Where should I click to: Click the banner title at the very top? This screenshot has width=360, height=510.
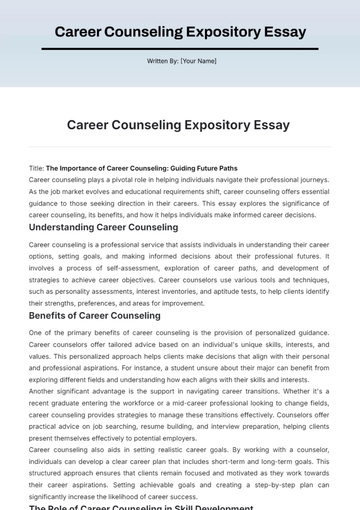[180, 32]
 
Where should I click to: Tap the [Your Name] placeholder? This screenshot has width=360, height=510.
[198, 62]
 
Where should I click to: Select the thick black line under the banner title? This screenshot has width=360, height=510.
[180, 48]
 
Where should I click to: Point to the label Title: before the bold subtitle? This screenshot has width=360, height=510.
[37, 168]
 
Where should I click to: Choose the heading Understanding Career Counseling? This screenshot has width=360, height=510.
[104, 227]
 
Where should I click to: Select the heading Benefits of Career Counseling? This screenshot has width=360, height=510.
[95, 315]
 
